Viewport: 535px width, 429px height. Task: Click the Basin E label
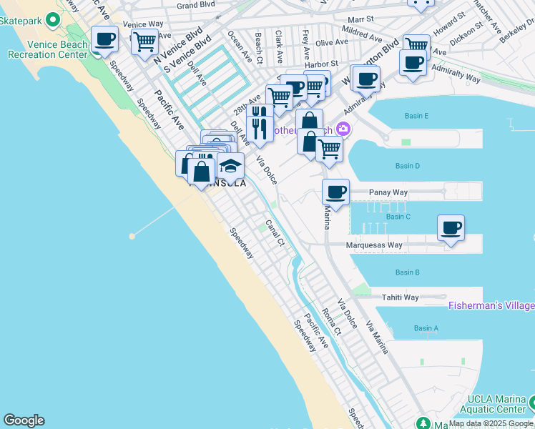416,116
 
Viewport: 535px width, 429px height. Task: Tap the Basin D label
407,166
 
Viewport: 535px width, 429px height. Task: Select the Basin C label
398,217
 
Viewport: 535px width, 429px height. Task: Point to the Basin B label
407,272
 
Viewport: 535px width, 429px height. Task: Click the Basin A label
426,328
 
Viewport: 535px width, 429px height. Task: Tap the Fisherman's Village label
491,306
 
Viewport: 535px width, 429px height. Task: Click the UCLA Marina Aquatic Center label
499,405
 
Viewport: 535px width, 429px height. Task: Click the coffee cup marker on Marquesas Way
451,229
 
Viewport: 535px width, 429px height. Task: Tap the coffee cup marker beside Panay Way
336,192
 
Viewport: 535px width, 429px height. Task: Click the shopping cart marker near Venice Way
144,42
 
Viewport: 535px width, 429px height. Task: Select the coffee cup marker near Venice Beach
105,39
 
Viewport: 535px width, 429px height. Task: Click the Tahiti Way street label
400,297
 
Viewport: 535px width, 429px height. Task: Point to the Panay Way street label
388,193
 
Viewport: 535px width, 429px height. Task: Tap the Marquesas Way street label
374,245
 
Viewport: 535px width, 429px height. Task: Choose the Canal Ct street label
275,233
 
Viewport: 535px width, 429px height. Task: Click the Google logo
24,420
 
